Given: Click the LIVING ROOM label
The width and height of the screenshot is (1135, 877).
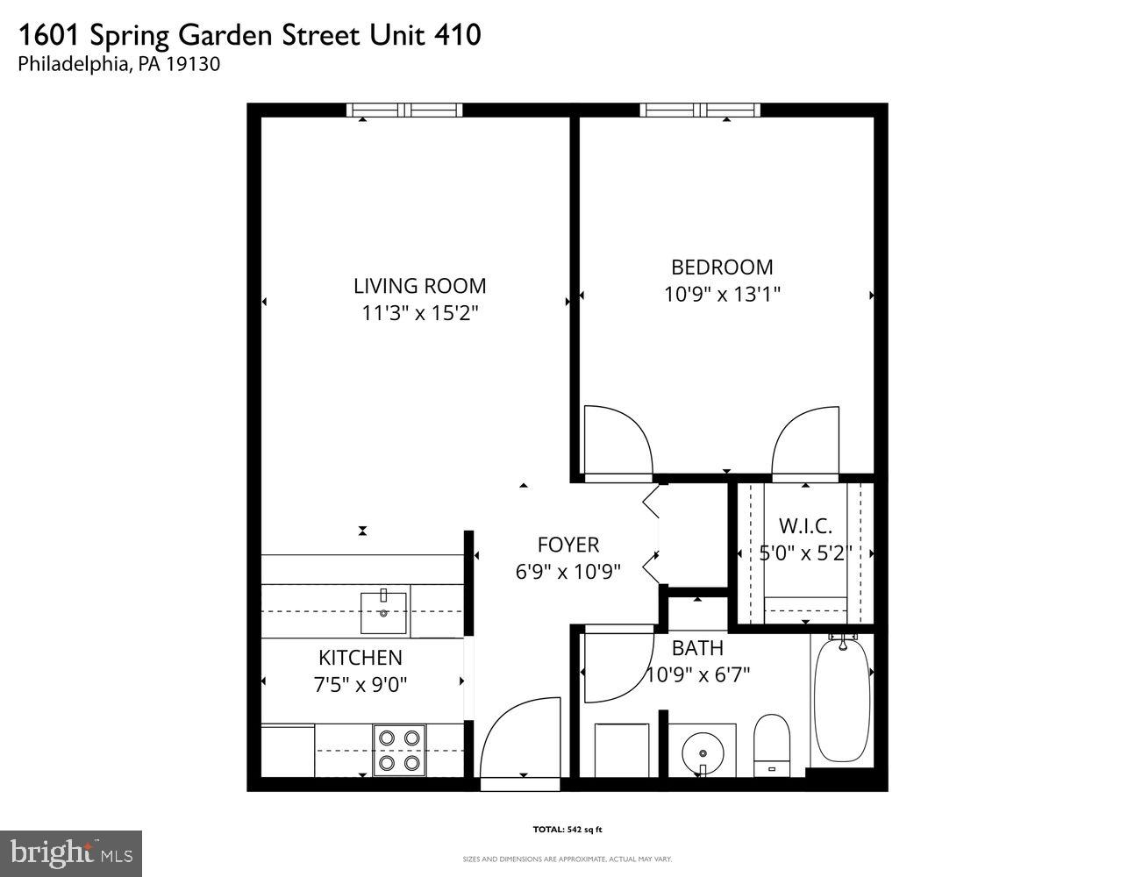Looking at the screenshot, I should click(419, 286).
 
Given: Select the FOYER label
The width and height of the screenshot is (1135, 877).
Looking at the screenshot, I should click(567, 545).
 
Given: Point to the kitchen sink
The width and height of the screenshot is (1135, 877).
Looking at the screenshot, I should click(384, 612).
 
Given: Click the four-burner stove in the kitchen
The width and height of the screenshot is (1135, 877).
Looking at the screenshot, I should click(399, 751).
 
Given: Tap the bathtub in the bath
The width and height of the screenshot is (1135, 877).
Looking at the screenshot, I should click(841, 702).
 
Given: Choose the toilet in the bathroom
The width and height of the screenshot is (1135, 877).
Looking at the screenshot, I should click(772, 745).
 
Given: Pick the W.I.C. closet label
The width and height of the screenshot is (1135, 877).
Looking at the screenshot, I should click(805, 526).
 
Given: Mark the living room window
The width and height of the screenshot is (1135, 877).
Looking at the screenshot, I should click(403, 111).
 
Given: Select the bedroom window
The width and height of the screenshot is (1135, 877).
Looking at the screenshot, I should click(699, 111).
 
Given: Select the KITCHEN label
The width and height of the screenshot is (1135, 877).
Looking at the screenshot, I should click(360, 658).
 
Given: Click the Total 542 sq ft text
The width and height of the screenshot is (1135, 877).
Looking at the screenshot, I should click(567, 829).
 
